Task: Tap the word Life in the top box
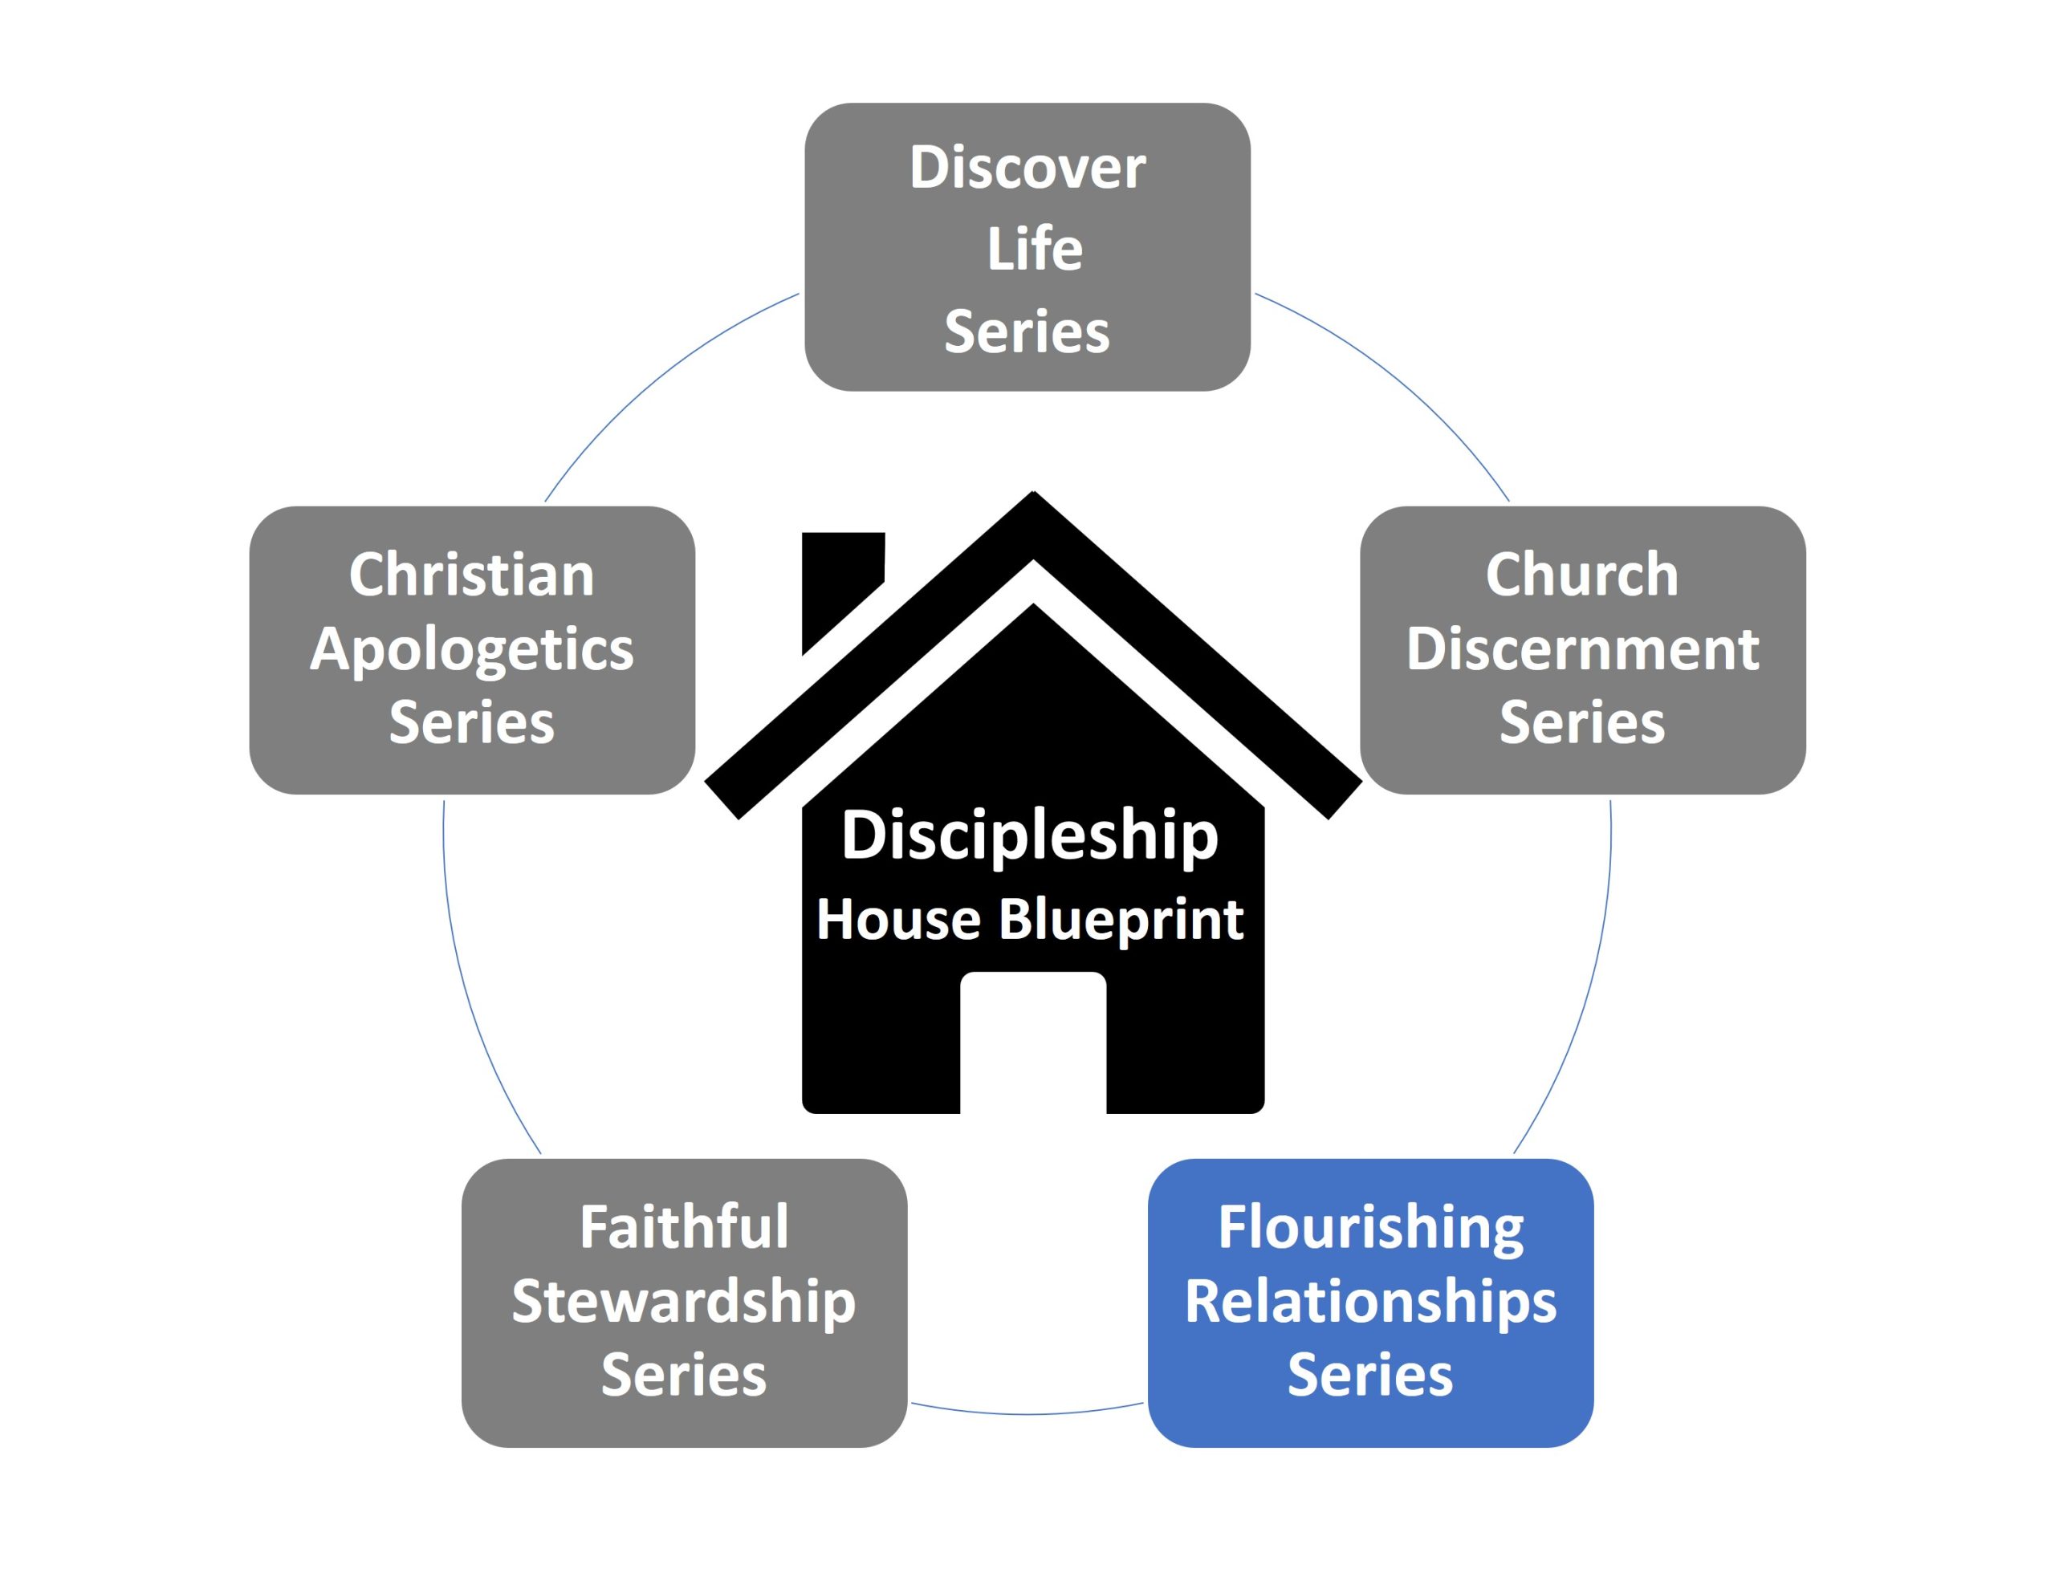point(1034,250)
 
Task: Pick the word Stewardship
point(683,1302)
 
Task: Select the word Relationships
point(1369,1302)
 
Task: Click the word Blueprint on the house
point(1120,919)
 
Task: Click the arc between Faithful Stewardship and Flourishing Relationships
point(1027,1413)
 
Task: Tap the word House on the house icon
point(897,919)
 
